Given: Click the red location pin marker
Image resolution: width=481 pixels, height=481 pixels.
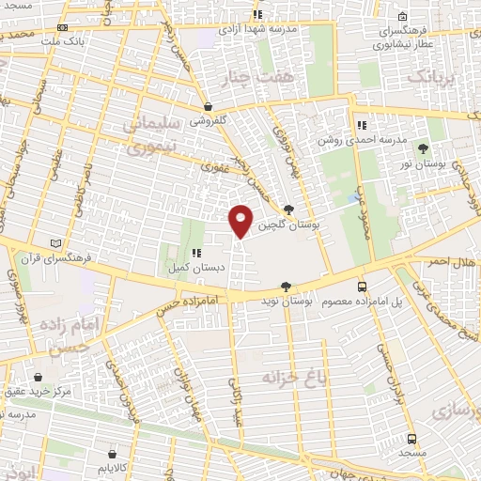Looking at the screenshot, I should pos(241,221).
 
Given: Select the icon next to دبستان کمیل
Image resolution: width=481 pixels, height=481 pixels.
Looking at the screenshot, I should pos(196,253).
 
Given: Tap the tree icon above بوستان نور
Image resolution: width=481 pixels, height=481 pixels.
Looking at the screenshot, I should pos(423,148).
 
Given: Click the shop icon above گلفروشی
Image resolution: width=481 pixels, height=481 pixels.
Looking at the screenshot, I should pos(206,107).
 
